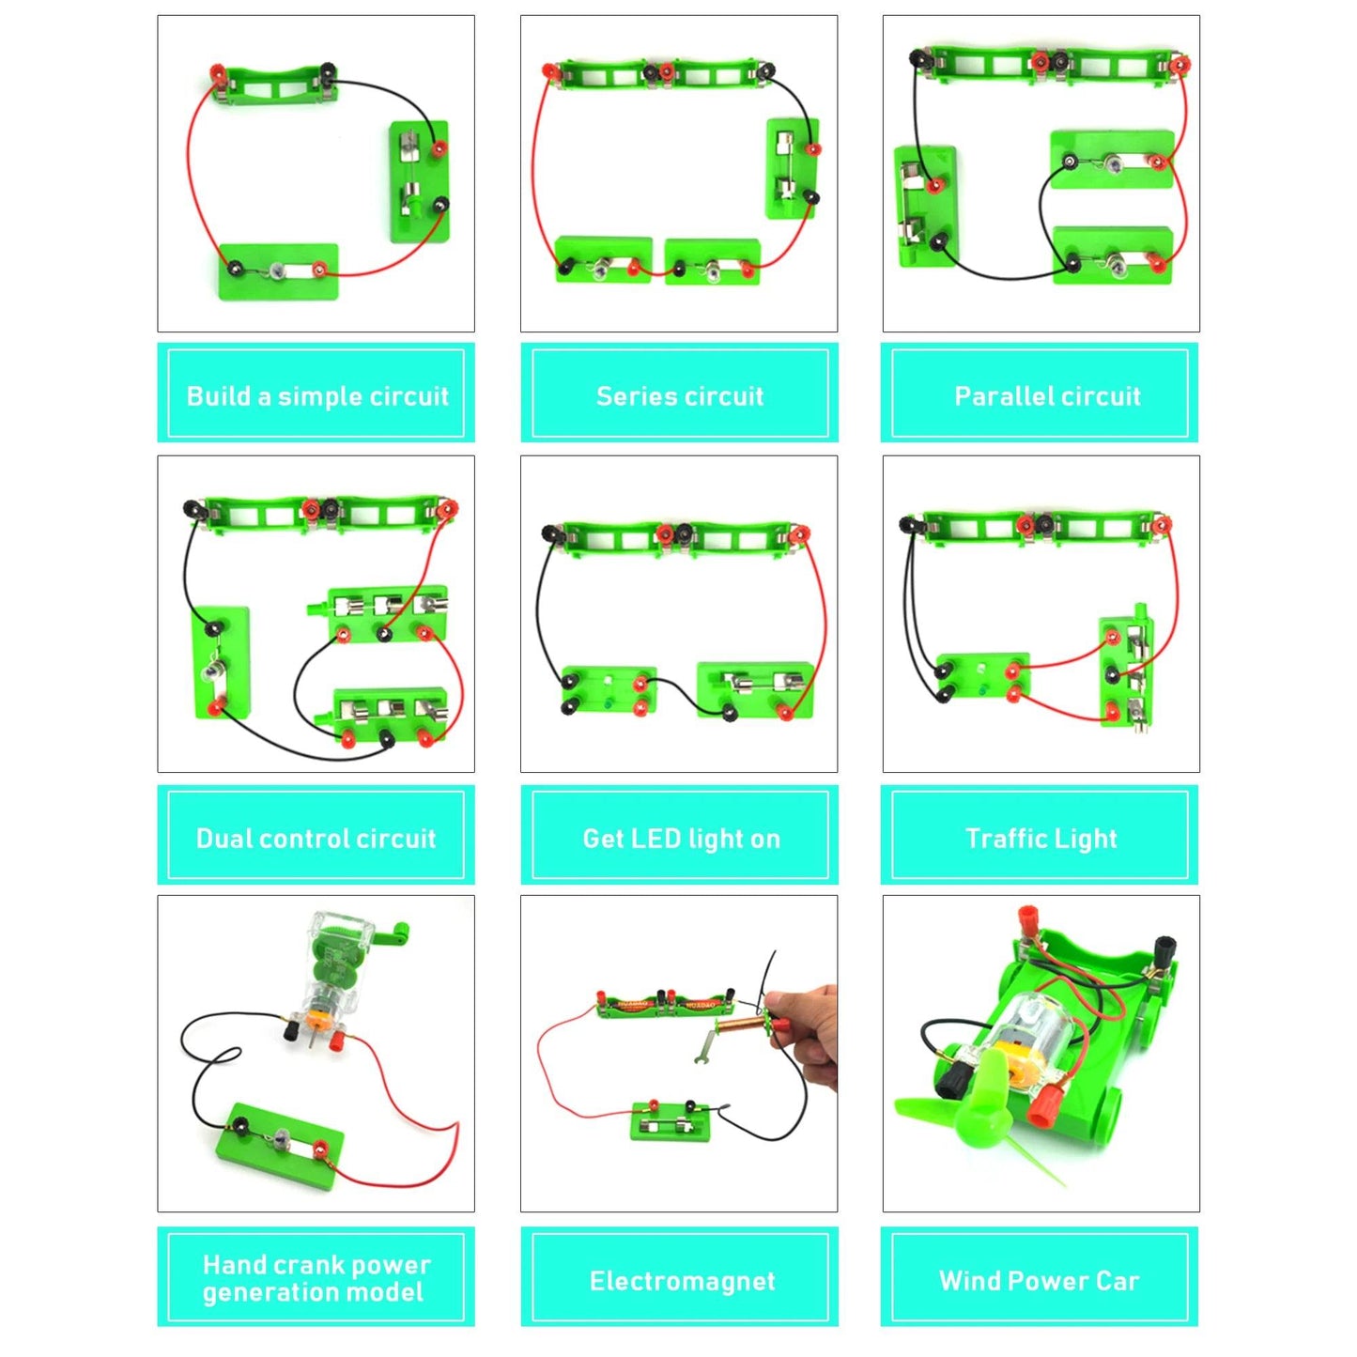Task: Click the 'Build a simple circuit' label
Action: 316,395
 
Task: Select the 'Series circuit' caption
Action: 679,395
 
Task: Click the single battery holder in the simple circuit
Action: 273,83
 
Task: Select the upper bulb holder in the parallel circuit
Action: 1112,162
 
